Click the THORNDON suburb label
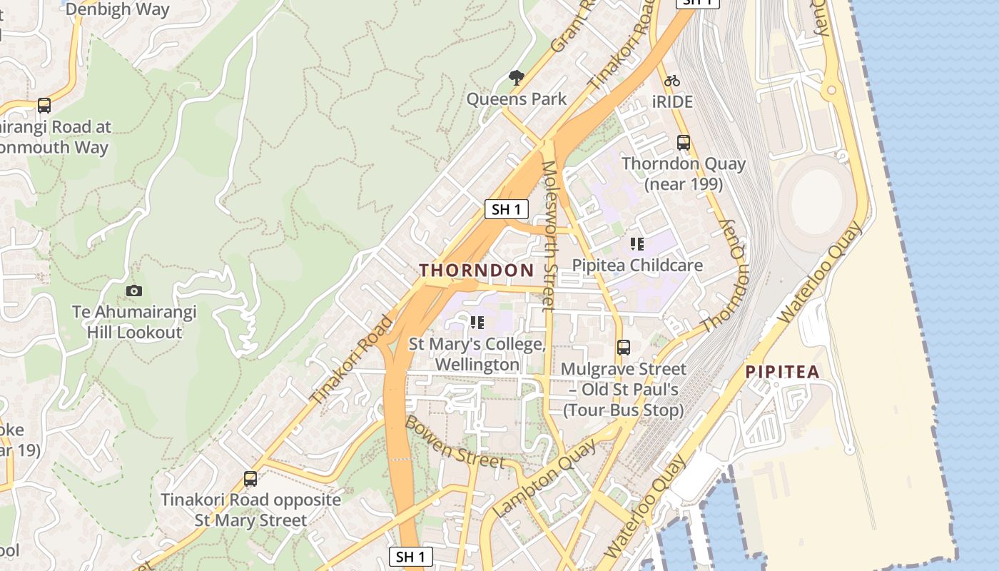(476, 271)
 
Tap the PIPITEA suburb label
(782, 372)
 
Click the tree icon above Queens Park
(517, 78)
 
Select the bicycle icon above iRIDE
(671, 81)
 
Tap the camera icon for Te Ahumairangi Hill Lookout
(133, 290)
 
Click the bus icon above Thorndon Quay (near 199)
(684, 143)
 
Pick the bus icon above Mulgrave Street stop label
(624, 348)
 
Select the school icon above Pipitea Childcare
(637, 244)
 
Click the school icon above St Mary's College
(477, 323)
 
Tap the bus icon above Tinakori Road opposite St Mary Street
(250, 478)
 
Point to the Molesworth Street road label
(548, 236)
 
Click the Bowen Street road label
(454, 442)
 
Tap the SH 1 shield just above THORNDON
(507, 209)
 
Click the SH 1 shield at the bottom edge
(411, 557)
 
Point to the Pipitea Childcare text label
(637, 266)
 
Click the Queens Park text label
(517, 99)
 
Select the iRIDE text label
(672, 102)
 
